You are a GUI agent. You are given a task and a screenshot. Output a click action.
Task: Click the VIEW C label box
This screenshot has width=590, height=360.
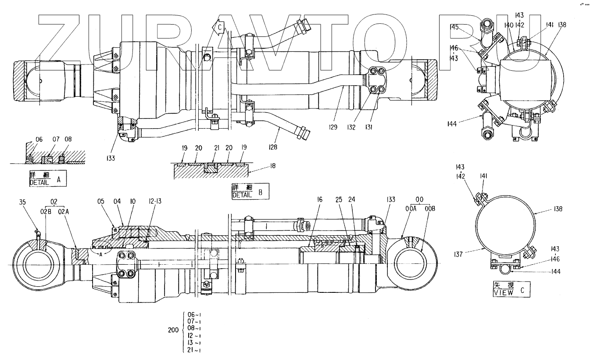click(x=505, y=289)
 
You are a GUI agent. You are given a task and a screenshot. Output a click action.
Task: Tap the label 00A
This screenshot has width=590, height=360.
click(x=411, y=209)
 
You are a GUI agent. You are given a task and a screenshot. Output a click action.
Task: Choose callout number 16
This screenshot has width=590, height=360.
click(x=320, y=200)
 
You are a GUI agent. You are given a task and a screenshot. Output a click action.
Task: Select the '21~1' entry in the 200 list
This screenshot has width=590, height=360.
click(x=194, y=350)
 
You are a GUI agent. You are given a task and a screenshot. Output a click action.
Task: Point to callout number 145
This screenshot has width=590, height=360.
click(x=454, y=27)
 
